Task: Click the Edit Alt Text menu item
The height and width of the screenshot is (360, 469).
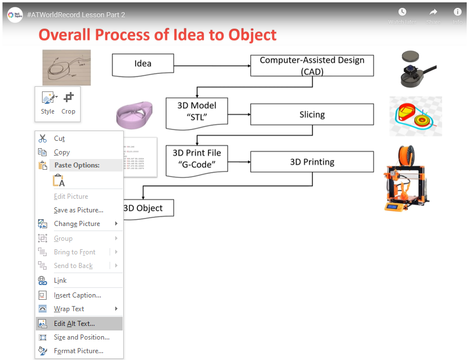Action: [x=74, y=324]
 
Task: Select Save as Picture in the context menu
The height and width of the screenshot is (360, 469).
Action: [x=78, y=210]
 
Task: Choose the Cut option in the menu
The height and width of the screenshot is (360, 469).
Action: [x=60, y=139]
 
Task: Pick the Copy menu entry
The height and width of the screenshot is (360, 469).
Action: [x=62, y=152]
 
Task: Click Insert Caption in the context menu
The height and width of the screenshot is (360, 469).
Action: [x=77, y=295]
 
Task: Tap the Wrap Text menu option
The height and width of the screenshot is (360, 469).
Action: [x=69, y=309]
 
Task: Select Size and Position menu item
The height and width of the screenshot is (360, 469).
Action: [x=81, y=337]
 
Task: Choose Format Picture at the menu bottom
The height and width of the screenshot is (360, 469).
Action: [x=78, y=351]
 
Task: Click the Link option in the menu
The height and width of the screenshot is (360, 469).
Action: [x=60, y=281]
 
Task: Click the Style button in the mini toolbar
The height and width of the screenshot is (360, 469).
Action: [x=48, y=103]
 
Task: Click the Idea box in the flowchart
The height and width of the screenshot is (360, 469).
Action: [x=143, y=65]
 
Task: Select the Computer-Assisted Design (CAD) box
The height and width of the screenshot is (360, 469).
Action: [x=312, y=65]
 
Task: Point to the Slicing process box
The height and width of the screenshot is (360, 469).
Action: [x=312, y=115]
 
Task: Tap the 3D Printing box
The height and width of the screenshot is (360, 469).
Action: [x=312, y=162]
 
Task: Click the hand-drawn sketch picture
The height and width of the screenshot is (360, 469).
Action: [x=66, y=68]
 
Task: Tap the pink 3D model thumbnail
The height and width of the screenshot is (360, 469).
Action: [x=135, y=114]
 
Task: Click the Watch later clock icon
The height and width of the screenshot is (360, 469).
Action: [x=402, y=12]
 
